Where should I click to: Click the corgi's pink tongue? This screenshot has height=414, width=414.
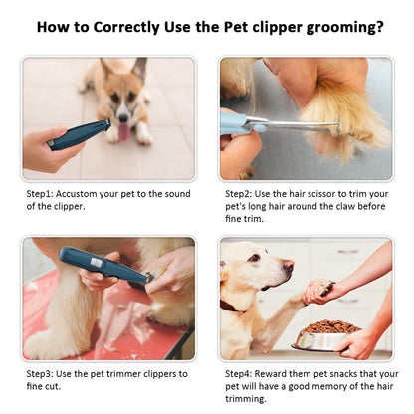pyautogui.click(x=123, y=131)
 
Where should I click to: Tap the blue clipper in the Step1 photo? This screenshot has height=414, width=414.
pyautogui.click(x=79, y=134)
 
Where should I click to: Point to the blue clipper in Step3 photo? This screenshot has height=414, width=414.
pyautogui.click(x=100, y=268)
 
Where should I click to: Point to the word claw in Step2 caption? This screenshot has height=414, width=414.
pyautogui.click(x=348, y=207)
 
